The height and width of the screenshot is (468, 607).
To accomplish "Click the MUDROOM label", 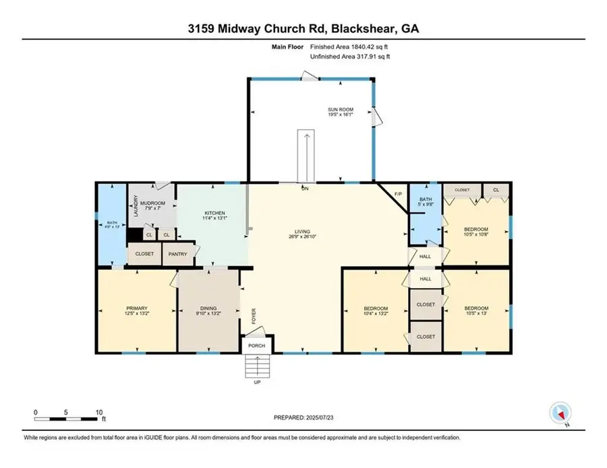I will (x=152, y=203).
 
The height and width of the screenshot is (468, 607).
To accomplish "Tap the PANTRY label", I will (x=177, y=255).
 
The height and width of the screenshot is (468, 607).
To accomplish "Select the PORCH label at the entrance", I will (x=256, y=346).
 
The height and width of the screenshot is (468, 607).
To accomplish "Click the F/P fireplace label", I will (x=398, y=195).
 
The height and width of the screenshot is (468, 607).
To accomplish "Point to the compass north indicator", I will (x=560, y=413).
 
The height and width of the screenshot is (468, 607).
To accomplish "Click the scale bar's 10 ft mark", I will (x=99, y=412).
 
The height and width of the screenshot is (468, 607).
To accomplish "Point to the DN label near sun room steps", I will (x=304, y=188).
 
